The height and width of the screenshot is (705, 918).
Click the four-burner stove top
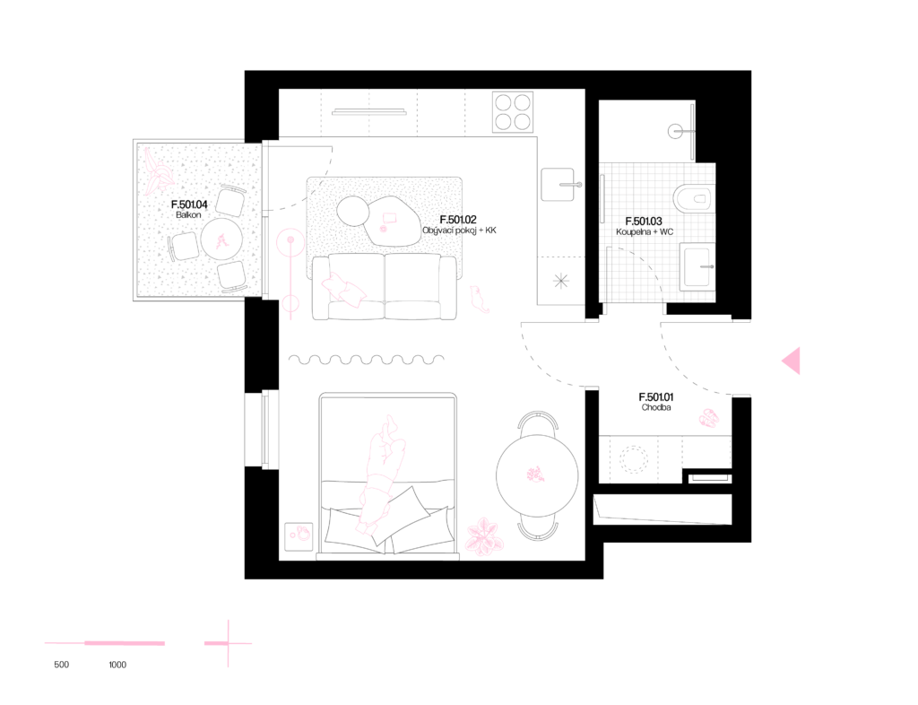pos(513,112)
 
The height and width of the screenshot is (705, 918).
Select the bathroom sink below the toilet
pos(697,266)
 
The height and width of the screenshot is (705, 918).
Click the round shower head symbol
pos(676,132)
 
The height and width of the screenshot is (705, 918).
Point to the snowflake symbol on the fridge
pos(561,281)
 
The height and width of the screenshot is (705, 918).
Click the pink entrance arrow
pos(791,361)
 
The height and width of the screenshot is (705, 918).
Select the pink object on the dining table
pos(535,475)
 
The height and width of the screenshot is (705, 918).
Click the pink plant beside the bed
pos(484,537)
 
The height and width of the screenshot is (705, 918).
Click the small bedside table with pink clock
pos(299,535)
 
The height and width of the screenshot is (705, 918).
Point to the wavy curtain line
pos(366,360)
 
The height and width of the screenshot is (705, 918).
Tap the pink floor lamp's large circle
pos(290,242)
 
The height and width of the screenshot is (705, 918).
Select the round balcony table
pos(221,239)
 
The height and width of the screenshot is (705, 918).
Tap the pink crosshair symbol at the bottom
pos(228,643)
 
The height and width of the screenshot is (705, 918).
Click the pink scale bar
pos(106,643)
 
